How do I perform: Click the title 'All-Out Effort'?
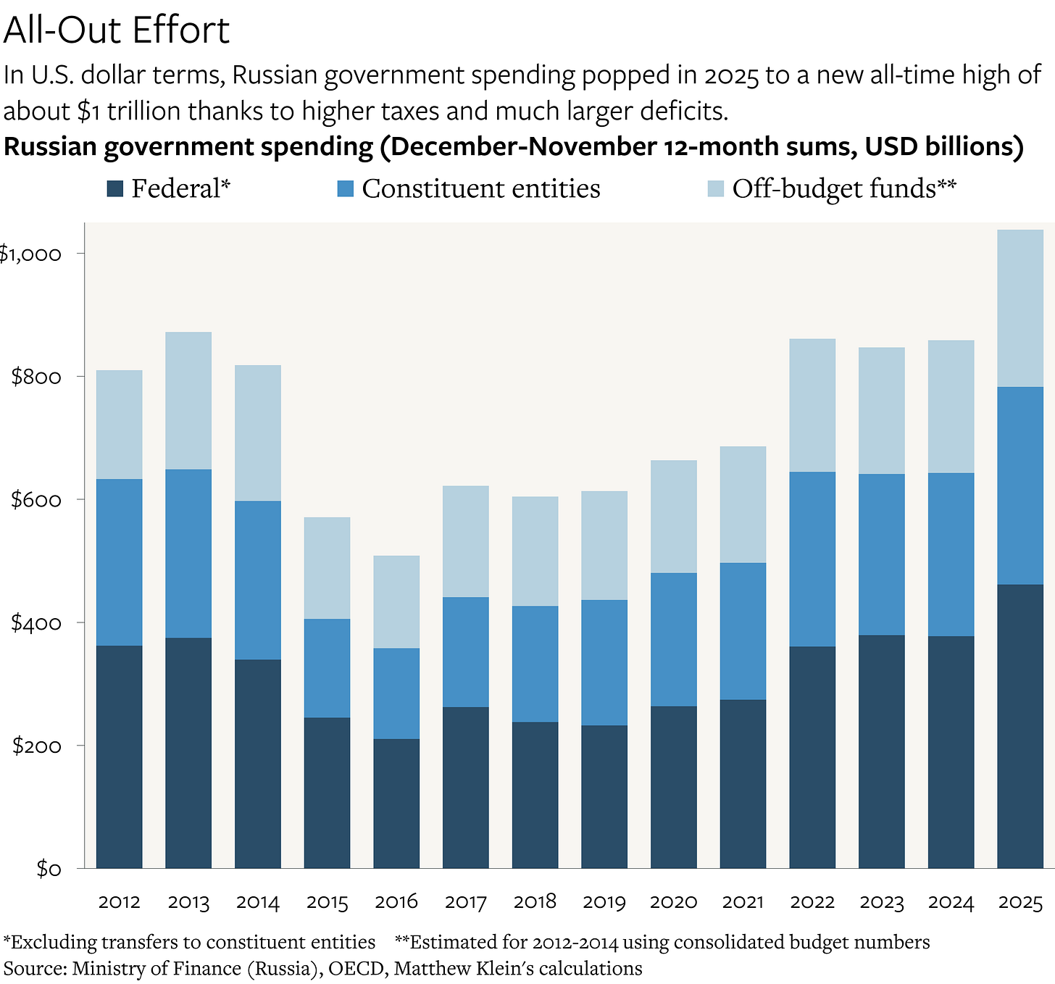[x=117, y=30]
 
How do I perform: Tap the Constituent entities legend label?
[x=481, y=189]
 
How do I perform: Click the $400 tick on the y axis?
[x=36, y=623]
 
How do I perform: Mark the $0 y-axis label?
[x=49, y=869]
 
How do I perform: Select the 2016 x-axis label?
[x=396, y=902]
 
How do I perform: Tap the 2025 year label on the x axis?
[x=1020, y=902]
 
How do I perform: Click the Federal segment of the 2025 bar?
[x=1020, y=725]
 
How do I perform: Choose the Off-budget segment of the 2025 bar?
[x=1020, y=308]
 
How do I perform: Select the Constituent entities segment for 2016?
[x=396, y=693]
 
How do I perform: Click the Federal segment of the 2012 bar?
[x=119, y=757]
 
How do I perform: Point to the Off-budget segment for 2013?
[x=188, y=401]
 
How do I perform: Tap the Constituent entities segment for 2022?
[x=812, y=559]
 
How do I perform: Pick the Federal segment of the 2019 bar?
[x=604, y=797]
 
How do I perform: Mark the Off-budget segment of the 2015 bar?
[x=327, y=567]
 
